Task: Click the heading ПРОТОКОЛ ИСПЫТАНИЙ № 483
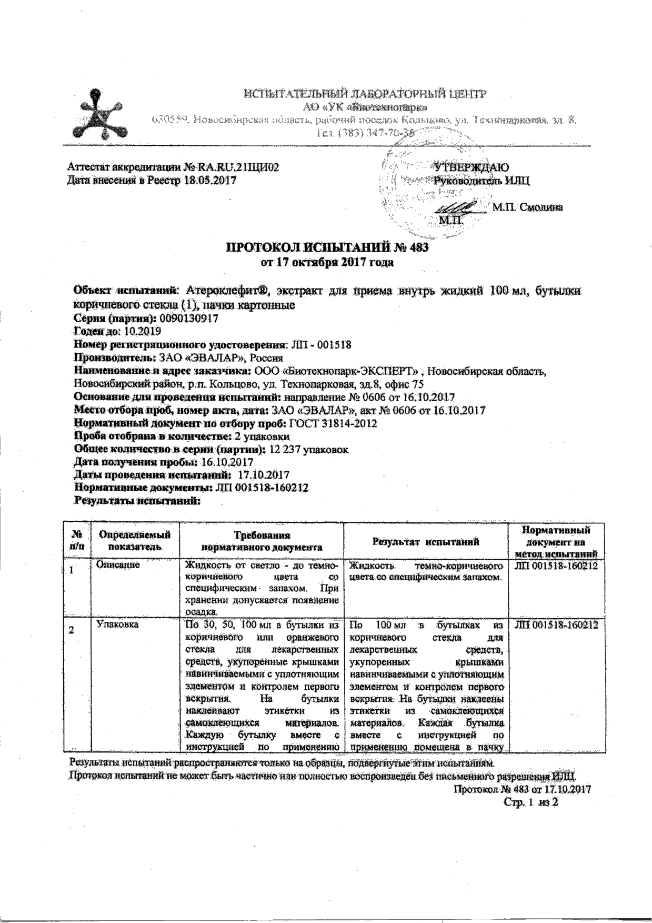pyautogui.click(x=327, y=247)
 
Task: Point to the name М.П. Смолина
pyautogui.click(x=527, y=207)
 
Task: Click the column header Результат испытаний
pyautogui.click(x=426, y=541)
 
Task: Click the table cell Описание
pyautogui.click(x=118, y=564)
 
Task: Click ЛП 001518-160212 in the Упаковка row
pyautogui.click(x=557, y=625)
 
